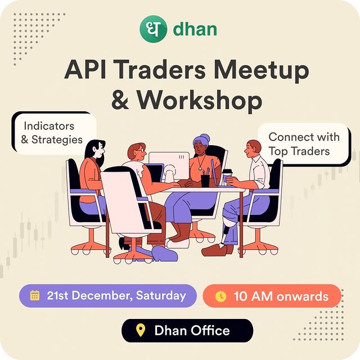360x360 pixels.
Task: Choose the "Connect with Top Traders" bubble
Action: point(303,144)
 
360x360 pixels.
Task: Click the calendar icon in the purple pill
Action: point(35,295)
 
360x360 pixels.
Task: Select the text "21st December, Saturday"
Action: point(116,295)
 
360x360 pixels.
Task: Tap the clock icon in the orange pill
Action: point(220,296)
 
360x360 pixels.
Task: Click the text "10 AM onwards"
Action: point(281,296)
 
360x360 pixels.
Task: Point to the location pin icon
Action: point(141,330)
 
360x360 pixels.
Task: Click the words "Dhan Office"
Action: point(192,330)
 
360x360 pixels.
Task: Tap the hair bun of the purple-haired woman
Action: point(205,138)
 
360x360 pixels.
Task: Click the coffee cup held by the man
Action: point(227,176)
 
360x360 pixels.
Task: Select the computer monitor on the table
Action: point(168,166)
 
